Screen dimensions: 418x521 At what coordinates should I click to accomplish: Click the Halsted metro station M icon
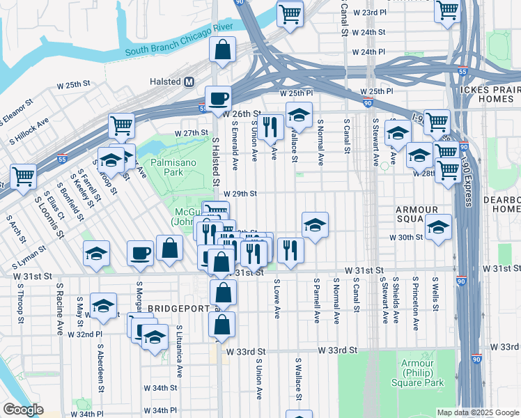pyautogui.click(x=189, y=82)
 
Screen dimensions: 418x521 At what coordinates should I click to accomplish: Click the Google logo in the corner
pyautogui.click(x=23, y=410)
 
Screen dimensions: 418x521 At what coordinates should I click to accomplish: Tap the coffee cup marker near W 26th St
pyautogui.click(x=218, y=98)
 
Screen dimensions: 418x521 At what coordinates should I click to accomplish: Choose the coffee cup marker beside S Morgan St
pyautogui.click(x=140, y=253)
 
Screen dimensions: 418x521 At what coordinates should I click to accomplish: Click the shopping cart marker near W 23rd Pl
pyautogui.click(x=290, y=13)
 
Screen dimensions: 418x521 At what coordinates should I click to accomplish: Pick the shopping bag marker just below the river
pyautogui.click(x=222, y=49)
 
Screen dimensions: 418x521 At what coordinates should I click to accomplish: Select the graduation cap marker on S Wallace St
pyautogui.click(x=299, y=114)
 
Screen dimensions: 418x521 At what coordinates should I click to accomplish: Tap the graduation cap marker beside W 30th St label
pyautogui.click(x=438, y=227)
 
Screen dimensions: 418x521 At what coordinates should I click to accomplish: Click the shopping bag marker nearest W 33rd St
pyautogui.click(x=221, y=325)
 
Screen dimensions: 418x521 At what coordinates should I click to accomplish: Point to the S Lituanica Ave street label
pyautogui.click(x=180, y=346)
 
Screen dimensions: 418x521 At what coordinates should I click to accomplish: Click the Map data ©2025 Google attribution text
pyautogui.click(x=477, y=412)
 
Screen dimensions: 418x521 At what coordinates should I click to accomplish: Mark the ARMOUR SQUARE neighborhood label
pyautogui.click(x=417, y=215)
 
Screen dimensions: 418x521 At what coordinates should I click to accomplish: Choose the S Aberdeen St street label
pyautogui.click(x=101, y=364)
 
